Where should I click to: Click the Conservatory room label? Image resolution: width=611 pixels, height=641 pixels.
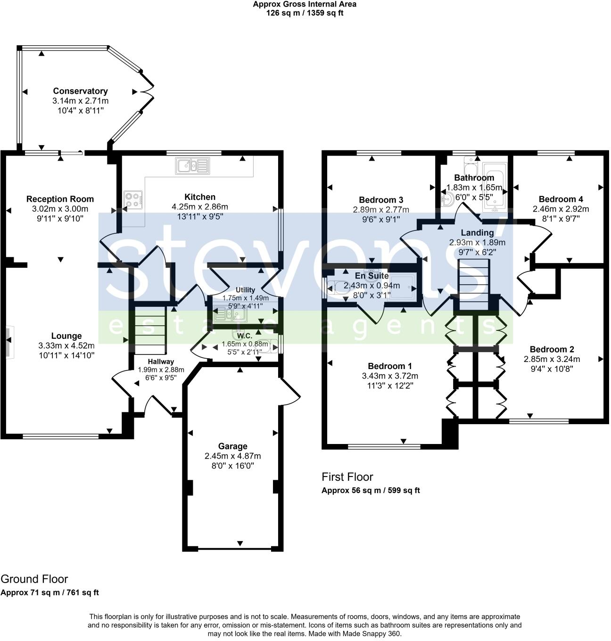pyautogui.click(x=80, y=91)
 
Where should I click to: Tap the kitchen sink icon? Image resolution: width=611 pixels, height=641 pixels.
pyautogui.click(x=192, y=165)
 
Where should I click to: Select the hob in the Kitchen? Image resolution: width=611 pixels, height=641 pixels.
pyautogui.click(x=133, y=200)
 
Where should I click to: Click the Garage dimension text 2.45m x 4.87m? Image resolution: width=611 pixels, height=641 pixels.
pyautogui.click(x=232, y=456)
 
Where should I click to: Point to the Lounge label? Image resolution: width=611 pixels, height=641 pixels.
pyautogui.click(x=66, y=336)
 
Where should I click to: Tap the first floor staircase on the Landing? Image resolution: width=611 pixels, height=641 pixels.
pyautogui.click(x=474, y=284)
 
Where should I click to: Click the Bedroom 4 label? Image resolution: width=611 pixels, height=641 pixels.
pyautogui.click(x=561, y=199)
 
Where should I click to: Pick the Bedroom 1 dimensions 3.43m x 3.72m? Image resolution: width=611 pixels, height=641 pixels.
pyautogui.click(x=390, y=376)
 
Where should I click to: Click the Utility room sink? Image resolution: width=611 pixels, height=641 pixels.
pyautogui.click(x=230, y=314)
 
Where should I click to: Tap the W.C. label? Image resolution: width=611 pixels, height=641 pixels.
pyautogui.click(x=245, y=336)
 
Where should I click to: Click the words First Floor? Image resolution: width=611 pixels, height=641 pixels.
pyautogui.click(x=347, y=477)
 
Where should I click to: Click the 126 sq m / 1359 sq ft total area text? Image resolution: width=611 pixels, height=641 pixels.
pyautogui.click(x=305, y=13)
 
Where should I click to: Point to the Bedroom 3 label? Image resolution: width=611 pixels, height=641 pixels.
pyautogui.click(x=381, y=200)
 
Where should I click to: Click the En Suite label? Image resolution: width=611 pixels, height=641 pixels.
pyautogui.click(x=372, y=276)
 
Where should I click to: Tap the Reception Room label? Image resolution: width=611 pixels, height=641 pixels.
pyautogui.click(x=60, y=199)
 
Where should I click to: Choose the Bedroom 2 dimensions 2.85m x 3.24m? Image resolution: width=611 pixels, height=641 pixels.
pyautogui.click(x=552, y=359)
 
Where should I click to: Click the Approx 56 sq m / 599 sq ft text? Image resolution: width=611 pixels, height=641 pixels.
pyautogui.click(x=371, y=490)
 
